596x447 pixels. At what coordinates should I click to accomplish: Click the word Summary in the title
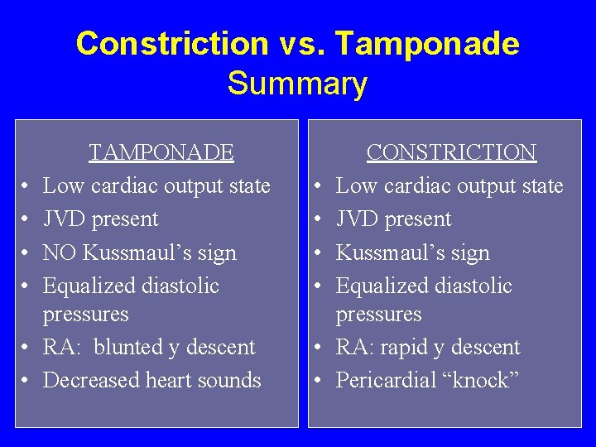coord(297,84)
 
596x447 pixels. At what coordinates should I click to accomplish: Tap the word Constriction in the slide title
coord(172,43)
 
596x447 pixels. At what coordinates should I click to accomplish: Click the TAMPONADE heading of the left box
coord(161,152)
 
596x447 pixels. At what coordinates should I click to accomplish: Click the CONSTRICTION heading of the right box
coord(451,152)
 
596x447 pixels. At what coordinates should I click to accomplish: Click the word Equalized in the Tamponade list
coord(82,286)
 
